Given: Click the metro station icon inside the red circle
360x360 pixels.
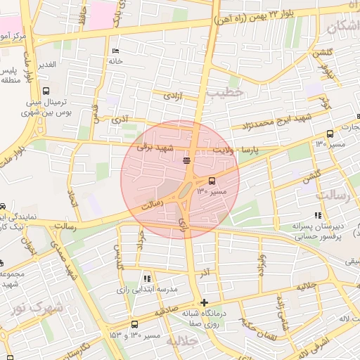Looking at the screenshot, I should coord(186,161).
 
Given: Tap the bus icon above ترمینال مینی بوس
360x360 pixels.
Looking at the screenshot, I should coord(46,91).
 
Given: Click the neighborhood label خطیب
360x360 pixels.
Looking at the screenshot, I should coord(229,91).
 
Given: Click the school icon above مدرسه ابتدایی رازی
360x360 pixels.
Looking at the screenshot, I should coord(146,278).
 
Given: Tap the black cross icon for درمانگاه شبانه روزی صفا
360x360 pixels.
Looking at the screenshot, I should coord(204,302).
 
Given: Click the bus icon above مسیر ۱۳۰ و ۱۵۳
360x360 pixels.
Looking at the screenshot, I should coord(134,324).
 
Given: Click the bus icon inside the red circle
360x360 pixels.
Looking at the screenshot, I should coord(212,181).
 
